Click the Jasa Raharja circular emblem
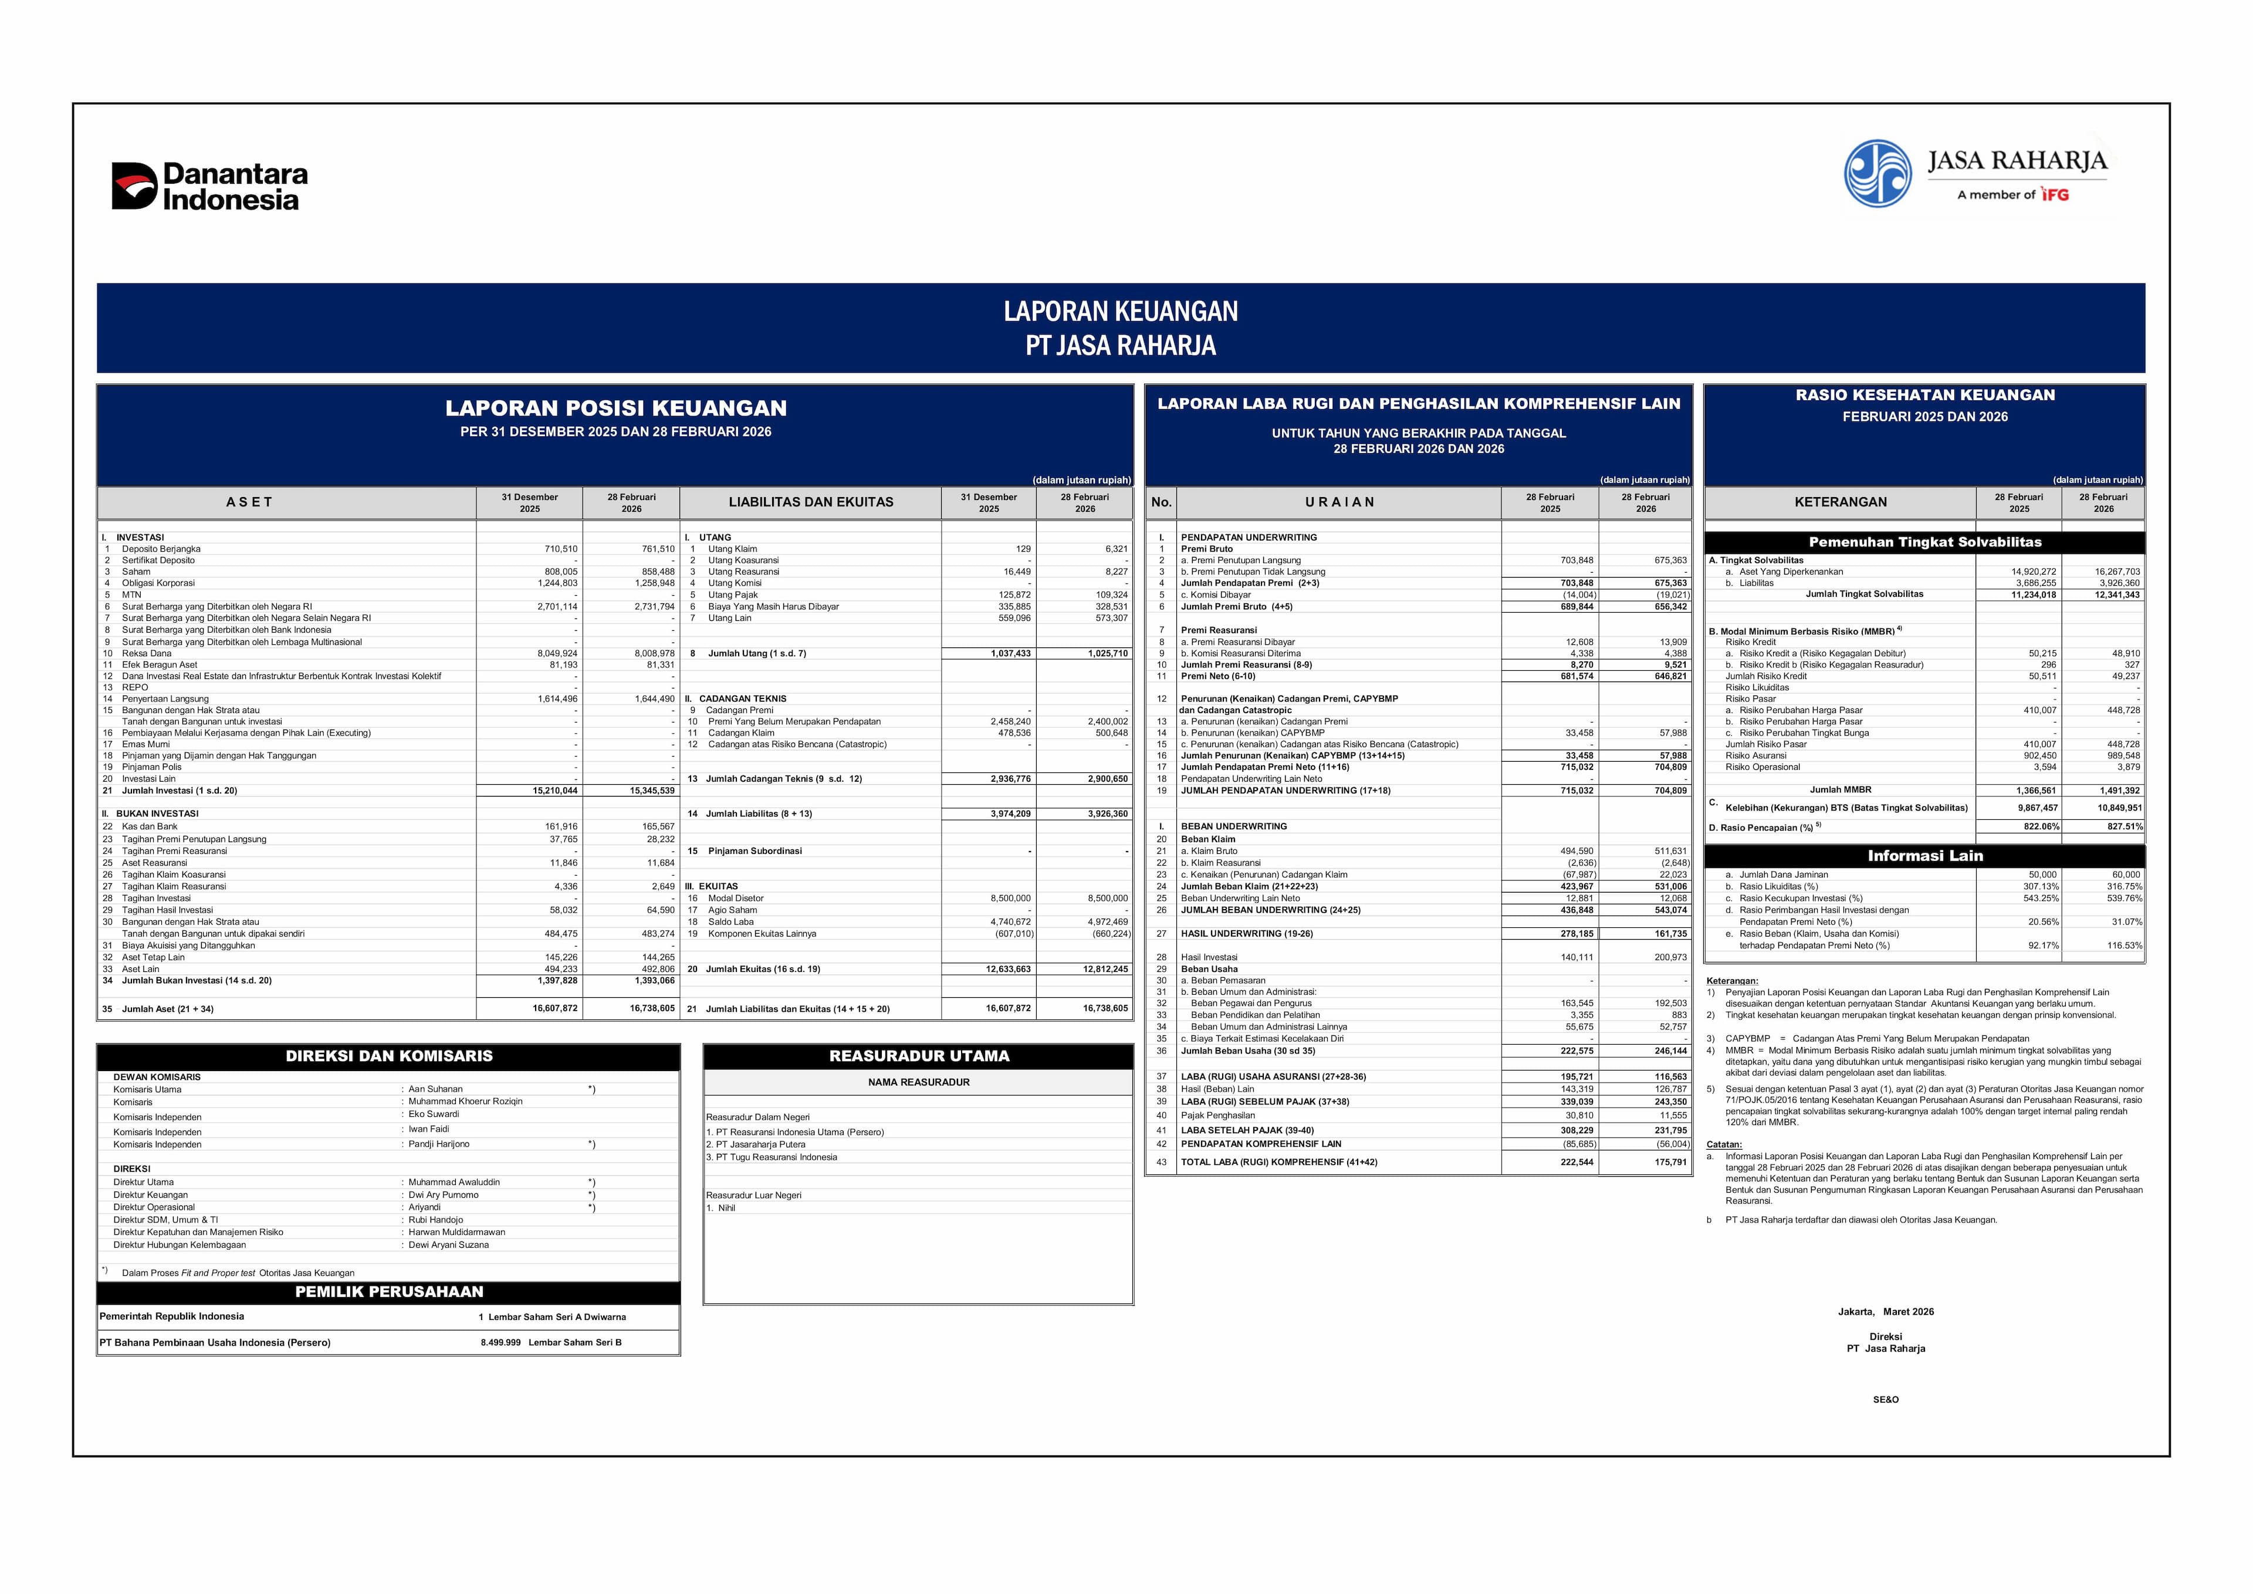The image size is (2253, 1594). click(x=1877, y=174)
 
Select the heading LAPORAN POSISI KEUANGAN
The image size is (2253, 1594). click(x=615, y=408)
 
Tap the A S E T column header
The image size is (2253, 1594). click(x=249, y=502)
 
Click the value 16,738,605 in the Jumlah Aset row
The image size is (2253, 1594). click(x=652, y=1009)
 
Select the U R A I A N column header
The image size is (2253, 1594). click(x=1339, y=502)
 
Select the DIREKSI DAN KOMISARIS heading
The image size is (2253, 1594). click(x=388, y=1056)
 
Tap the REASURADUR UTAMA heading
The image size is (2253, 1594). click(x=918, y=1056)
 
